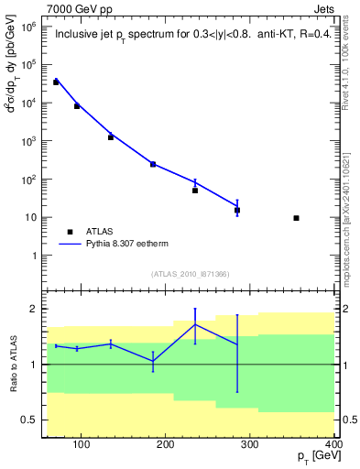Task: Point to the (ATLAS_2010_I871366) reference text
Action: pos(190,274)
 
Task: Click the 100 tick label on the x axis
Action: pos(82,445)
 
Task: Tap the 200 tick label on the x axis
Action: pos(166,445)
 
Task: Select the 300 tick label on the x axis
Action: pos(250,445)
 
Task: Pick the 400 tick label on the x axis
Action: pos(332,445)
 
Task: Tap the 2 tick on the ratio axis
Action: pos(36,309)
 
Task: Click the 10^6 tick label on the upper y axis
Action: pos(28,27)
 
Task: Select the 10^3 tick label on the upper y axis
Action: pos(28,142)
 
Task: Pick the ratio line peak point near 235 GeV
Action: pos(195,324)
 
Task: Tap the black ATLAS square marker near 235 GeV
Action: pos(195,191)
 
